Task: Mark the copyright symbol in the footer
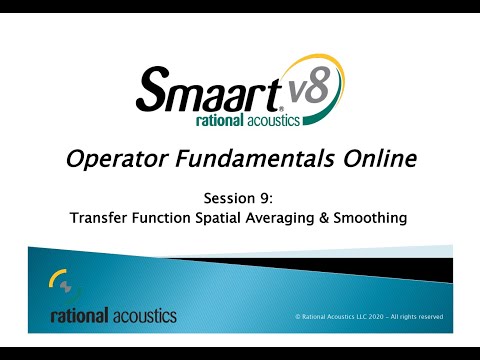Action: pos(298,317)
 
